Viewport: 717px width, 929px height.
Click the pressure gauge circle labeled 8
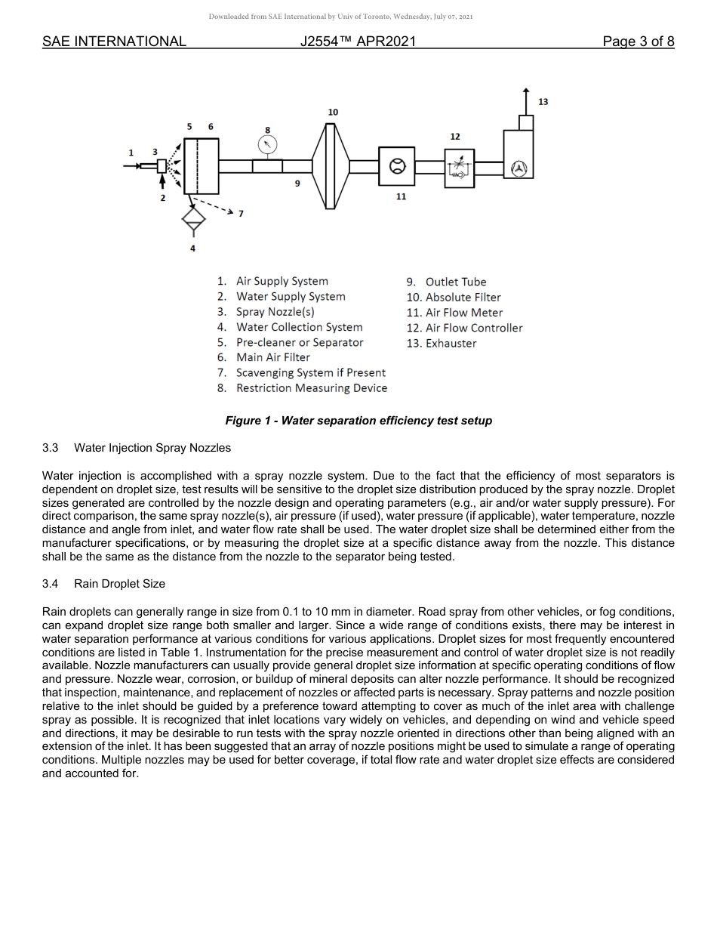267,145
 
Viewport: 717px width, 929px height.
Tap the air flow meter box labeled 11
396,166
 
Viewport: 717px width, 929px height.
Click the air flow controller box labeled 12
459,168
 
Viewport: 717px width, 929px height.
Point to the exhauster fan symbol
519,169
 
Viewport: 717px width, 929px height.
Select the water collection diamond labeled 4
193,220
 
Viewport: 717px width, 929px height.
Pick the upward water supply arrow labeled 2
162,182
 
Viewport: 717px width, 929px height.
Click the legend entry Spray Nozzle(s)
275,312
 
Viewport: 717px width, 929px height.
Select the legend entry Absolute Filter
463,298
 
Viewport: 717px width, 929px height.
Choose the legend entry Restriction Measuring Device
311,388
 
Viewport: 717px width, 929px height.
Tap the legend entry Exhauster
451,344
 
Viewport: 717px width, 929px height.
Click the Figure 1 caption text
358,421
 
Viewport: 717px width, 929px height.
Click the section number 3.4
51,584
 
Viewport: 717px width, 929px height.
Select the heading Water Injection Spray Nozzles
152,448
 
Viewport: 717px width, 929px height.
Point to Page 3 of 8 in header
638,42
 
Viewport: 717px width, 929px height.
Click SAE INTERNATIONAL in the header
114,42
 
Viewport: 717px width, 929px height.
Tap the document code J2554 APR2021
358,42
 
